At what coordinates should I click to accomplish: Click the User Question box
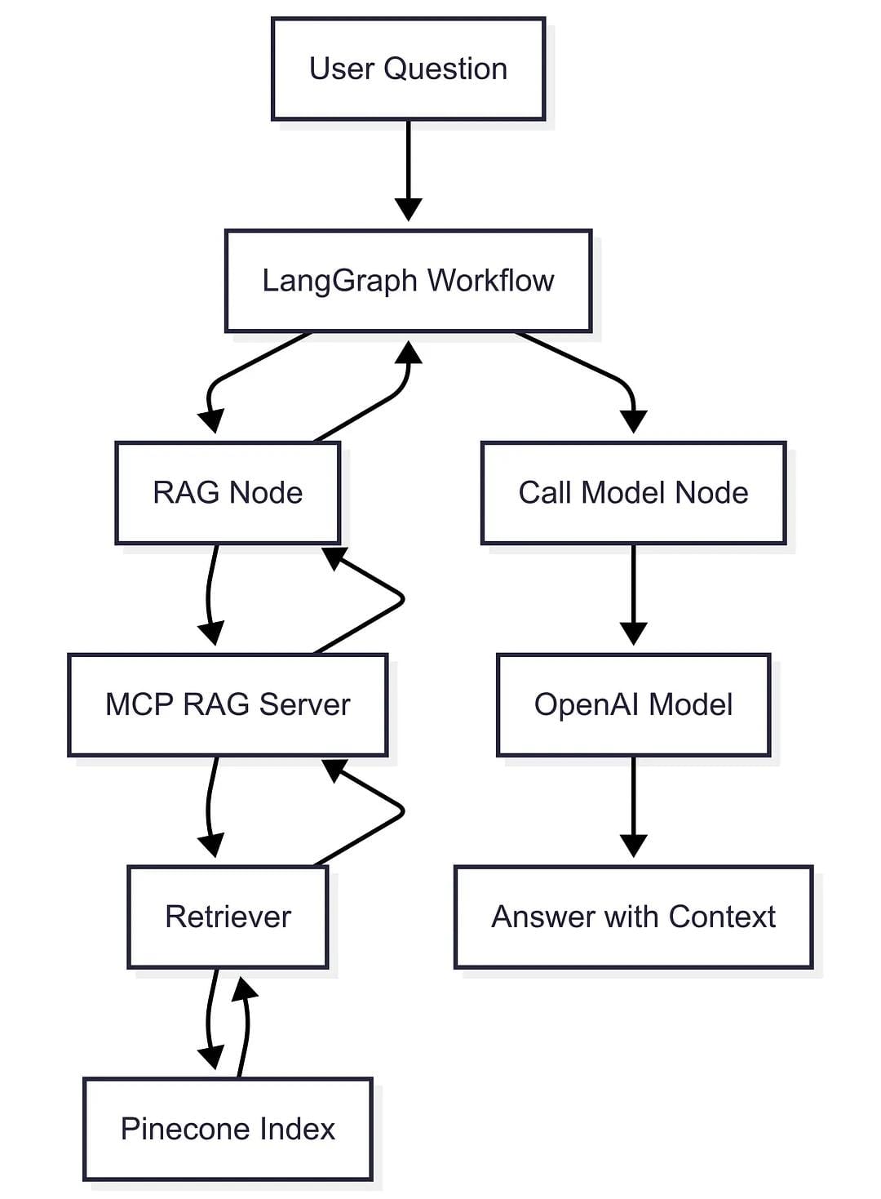point(408,69)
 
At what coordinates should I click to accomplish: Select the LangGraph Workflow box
point(408,281)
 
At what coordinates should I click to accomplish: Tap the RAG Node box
point(228,493)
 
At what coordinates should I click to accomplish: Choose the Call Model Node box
point(633,493)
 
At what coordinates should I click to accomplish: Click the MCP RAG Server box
point(228,704)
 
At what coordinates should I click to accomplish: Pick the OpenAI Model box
point(633,704)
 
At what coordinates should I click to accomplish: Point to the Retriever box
point(228,917)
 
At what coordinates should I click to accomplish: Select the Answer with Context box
point(633,917)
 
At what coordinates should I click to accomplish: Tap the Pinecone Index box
point(228,1129)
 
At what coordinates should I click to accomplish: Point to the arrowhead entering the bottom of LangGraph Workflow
point(409,353)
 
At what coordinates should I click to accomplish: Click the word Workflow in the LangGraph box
point(490,281)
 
